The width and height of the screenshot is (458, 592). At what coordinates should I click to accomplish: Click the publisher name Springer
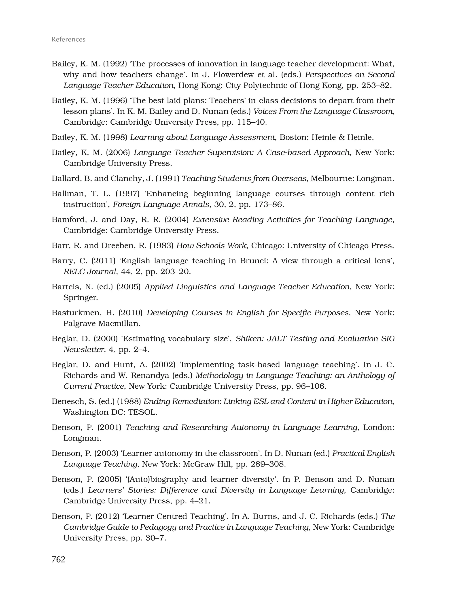[x=81, y=298]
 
